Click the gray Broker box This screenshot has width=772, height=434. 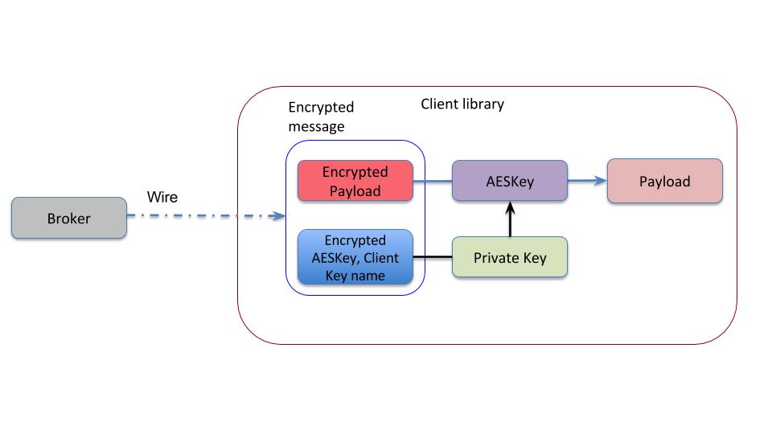click(69, 219)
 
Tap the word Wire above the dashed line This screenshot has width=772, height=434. click(162, 197)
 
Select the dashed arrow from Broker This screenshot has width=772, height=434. click(201, 215)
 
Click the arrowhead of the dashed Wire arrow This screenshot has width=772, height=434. click(280, 215)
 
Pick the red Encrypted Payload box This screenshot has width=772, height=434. click(355, 181)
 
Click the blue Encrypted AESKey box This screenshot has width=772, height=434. click(355, 258)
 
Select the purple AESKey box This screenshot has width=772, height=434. click(510, 181)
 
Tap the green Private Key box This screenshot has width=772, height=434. click(510, 258)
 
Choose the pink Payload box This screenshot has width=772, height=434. click(664, 181)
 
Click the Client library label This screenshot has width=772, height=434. click(462, 104)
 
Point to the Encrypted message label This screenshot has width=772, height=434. click(320, 117)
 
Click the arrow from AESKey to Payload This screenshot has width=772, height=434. click(587, 181)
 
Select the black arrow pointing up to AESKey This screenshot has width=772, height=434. click(510, 219)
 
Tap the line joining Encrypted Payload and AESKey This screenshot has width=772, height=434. click(433, 181)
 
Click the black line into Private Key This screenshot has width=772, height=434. click(433, 258)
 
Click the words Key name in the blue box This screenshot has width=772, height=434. click(355, 276)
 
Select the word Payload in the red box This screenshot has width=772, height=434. click(355, 190)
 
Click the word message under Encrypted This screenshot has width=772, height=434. click(316, 126)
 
